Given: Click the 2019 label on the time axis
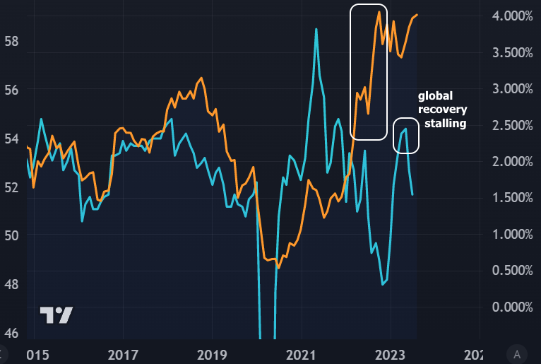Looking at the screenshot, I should pos(212,353).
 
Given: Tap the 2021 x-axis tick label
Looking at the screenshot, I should pos(302,353).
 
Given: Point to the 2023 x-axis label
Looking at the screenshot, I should pos(391,353).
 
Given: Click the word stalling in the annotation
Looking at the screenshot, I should pos(445,123).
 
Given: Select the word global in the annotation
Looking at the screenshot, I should pos(435,95).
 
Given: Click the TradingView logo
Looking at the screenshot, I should pos(56,315).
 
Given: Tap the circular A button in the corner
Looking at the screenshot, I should pos(518,353).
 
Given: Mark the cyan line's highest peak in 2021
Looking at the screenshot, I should pos(316,29).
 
